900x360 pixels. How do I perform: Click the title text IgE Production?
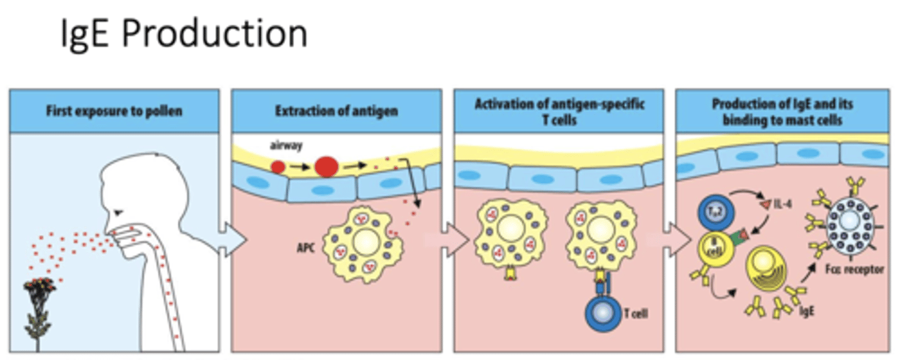pyautogui.click(x=184, y=34)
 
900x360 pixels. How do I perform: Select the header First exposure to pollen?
pyautogui.click(x=114, y=112)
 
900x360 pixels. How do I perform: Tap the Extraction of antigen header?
pyautogui.click(x=337, y=112)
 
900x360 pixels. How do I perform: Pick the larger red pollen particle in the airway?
pyautogui.click(x=327, y=166)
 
